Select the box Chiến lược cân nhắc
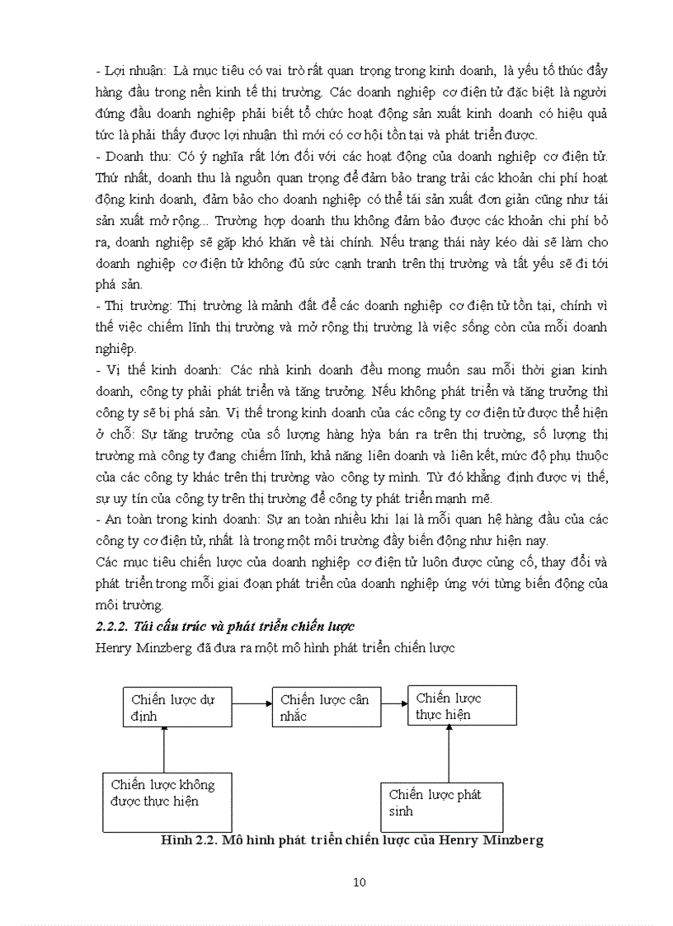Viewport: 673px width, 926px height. pyautogui.click(x=327, y=707)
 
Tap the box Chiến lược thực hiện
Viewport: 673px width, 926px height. pyautogui.click(x=462, y=705)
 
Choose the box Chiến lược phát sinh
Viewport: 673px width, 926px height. pyautogui.click(x=442, y=806)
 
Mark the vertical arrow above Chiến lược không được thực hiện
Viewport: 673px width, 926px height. pyautogui.click(x=164, y=749)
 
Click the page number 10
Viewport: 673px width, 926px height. pyautogui.click(x=359, y=882)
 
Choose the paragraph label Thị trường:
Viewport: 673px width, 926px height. pyautogui.click(x=133, y=306)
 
